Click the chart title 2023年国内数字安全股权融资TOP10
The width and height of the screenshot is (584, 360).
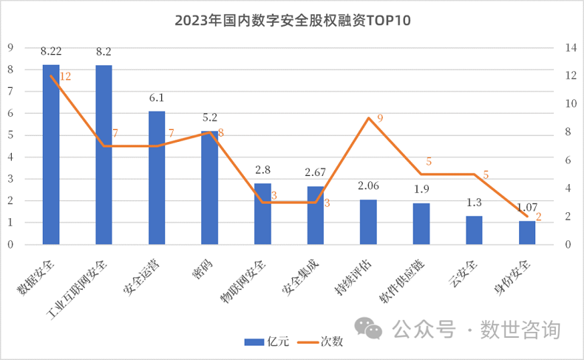pos(292,21)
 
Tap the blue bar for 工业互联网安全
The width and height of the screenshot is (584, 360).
pos(103,154)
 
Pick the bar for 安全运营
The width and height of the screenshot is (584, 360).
pos(157,177)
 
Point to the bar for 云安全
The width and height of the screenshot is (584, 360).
pos(474,230)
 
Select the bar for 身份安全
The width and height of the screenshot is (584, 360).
pos(527,232)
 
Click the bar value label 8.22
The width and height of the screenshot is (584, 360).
pos(51,51)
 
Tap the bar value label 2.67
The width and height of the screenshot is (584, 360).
pos(316,172)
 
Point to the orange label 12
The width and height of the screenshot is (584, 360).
pos(65,76)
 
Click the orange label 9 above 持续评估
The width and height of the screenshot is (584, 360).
pos(379,118)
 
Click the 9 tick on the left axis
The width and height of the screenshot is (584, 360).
pos(10,48)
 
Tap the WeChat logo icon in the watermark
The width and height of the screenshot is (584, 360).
pos(368,328)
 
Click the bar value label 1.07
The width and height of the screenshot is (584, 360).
pos(527,208)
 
